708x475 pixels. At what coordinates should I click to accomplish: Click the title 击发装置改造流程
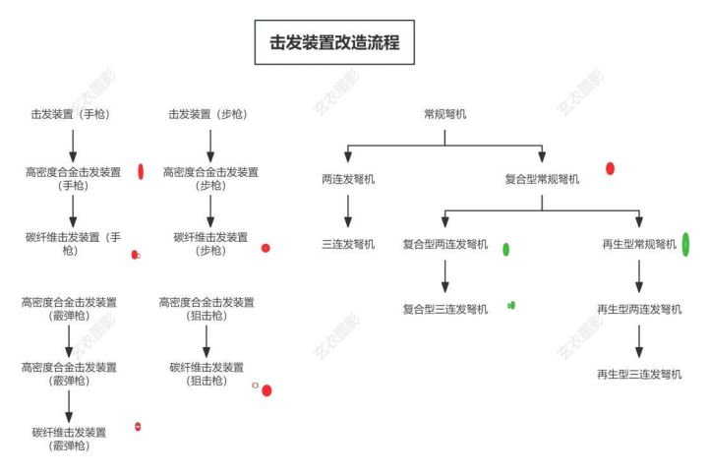click(x=334, y=43)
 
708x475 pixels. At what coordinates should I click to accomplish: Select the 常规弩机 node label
click(x=444, y=114)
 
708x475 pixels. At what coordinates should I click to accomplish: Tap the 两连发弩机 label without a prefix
click(x=348, y=179)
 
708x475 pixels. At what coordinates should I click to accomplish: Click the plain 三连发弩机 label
click(x=348, y=244)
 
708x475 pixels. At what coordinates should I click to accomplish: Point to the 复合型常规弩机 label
click(x=542, y=179)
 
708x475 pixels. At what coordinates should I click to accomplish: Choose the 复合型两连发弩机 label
click(x=444, y=244)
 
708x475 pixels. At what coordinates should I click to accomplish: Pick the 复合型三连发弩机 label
click(x=444, y=309)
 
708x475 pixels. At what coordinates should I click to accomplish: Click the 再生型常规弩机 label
click(x=639, y=244)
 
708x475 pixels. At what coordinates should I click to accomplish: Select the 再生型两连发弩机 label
click(x=639, y=309)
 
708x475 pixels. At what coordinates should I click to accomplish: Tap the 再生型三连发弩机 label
click(x=639, y=374)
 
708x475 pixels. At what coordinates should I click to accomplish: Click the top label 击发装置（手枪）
click(x=70, y=114)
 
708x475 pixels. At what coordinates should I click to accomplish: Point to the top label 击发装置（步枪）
click(x=208, y=114)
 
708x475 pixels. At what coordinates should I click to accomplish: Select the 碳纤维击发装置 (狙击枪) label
click(x=206, y=374)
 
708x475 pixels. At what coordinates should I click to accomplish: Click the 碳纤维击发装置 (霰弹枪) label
click(x=69, y=438)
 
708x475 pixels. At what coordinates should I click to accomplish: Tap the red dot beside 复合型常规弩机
click(x=610, y=169)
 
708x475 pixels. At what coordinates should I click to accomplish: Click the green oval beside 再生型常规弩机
click(x=684, y=244)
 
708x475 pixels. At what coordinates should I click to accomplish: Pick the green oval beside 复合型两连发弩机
click(x=505, y=249)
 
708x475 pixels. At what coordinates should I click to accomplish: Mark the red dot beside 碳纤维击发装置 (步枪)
click(x=265, y=248)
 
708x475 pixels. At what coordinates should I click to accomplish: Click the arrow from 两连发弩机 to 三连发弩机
click(x=348, y=210)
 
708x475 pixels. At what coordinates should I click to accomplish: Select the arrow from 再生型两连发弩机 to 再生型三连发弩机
click(x=639, y=340)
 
